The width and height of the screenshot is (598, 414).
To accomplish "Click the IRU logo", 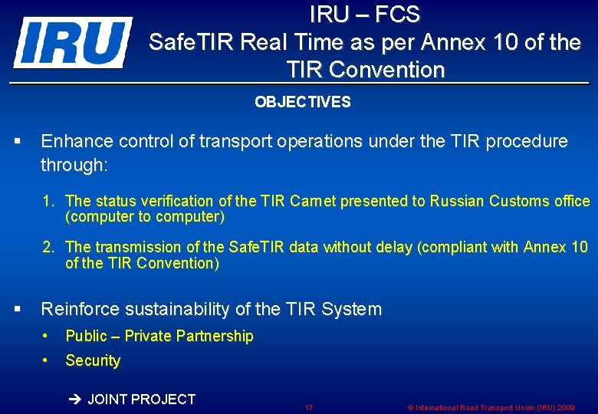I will [73, 42].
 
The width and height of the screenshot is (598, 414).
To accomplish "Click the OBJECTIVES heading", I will [303, 102].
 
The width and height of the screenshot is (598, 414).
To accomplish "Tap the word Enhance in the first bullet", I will [73, 141].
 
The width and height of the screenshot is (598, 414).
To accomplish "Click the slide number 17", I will [308, 408].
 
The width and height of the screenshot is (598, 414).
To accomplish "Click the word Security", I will [93, 360].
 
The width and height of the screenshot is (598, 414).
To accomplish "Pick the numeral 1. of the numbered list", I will [48, 201].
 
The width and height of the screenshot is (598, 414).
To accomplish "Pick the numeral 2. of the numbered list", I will [48, 247].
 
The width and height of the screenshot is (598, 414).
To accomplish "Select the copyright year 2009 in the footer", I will [566, 408].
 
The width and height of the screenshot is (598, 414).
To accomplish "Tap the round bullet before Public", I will [47, 336].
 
